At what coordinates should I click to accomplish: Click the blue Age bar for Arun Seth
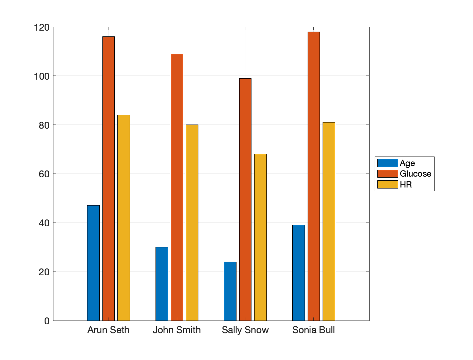click(93, 263)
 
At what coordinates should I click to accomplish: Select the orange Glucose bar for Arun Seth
click(109, 178)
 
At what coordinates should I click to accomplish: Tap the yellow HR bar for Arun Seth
click(124, 218)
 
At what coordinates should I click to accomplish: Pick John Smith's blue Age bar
click(162, 284)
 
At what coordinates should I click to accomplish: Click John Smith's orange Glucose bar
click(177, 187)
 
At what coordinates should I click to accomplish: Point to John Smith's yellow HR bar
click(192, 223)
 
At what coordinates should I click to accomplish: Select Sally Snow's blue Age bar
click(230, 291)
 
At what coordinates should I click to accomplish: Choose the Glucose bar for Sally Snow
click(245, 199)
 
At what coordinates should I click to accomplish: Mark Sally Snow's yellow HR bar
click(260, 237)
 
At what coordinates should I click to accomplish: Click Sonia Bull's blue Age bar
click(298, 273)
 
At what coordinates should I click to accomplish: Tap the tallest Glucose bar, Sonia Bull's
click(314, 176)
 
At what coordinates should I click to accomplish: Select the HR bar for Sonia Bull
click(329, 221)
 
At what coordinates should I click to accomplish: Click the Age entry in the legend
click(407, 163)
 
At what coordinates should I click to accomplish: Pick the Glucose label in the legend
click(415, 174)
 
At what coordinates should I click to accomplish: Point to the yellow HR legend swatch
click(388, 184)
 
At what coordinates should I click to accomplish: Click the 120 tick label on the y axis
click(42, 27)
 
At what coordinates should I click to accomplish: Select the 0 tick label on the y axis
click(47, 321)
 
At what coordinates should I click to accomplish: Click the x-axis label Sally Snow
click(245, 330)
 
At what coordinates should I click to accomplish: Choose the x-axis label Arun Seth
click(109, 330)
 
